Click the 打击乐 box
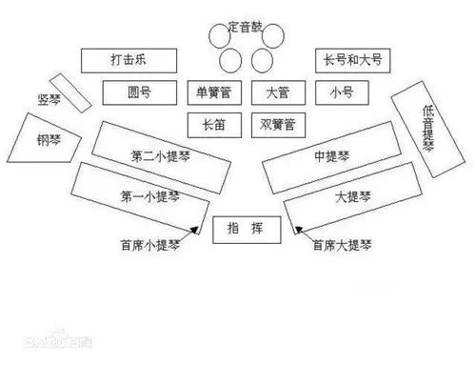pyautogui.click(x=129, y=60)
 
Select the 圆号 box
pyautogui.click(x=139, y=93)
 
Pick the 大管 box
pyautogui.click(x=276, y=93)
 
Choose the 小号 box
pyautogui.click(x=341, y=93)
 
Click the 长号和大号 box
pyautogui.click(x=353, y=60)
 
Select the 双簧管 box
pyautogui.click(x=276, y=124)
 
